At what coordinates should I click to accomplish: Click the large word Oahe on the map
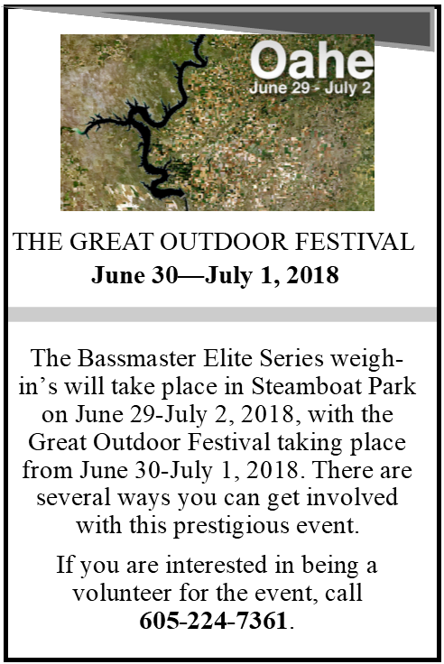point(312,60)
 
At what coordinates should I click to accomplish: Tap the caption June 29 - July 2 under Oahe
point(310,88)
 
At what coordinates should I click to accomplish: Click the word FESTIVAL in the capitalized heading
point(354,242)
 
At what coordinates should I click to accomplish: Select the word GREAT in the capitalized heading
point(111,242)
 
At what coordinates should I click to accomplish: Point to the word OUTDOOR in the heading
point(223,242)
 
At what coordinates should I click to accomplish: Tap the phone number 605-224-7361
point(214,621)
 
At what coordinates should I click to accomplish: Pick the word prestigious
point(232,526)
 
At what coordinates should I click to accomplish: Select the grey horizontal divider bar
point(222,314)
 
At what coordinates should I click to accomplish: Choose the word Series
point(291,358)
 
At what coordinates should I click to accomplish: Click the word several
point(73,498)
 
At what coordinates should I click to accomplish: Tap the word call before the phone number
point(344,593)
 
